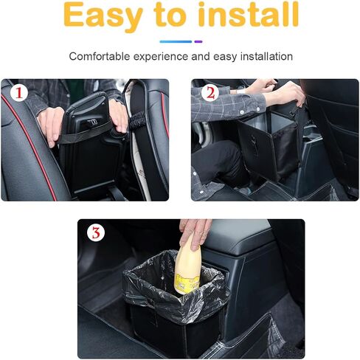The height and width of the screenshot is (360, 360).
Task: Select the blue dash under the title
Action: [176, 41]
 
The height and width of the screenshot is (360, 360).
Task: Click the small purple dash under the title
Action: [198, 41]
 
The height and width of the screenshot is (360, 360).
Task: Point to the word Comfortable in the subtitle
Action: [100, 56]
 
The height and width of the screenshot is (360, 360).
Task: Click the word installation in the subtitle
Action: [266, 56]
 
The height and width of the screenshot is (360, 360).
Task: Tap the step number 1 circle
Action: [19, 93]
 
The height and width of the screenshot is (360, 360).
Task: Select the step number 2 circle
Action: [210, 93]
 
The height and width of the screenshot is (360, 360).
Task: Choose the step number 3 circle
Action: [96, 232]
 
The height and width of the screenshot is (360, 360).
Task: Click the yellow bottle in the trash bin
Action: [187, 266]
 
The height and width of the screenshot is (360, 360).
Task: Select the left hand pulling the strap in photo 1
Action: [50, 126]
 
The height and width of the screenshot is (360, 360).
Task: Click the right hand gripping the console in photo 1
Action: [118, 116]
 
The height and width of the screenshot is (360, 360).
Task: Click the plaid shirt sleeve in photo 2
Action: [227, 105]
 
